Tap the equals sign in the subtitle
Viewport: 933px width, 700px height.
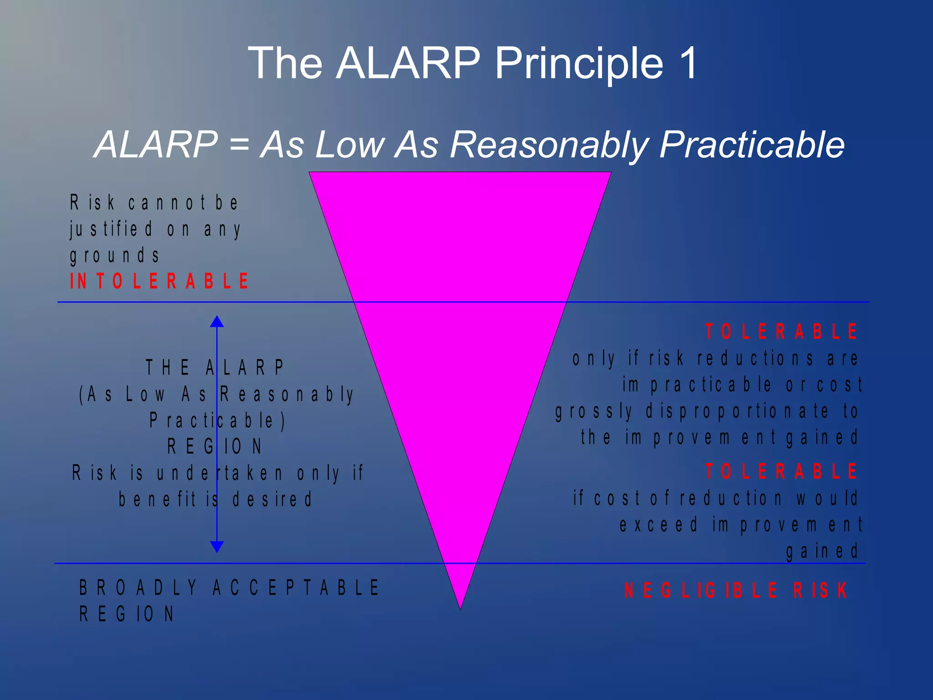239,145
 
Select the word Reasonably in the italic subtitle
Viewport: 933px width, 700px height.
549,145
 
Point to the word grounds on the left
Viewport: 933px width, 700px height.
115,256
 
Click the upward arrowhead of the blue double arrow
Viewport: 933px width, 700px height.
217,322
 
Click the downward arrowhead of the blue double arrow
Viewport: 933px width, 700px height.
217,546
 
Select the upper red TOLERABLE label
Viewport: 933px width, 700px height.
781,332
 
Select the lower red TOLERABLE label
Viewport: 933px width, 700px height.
781,471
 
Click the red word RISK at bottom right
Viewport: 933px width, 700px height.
820,591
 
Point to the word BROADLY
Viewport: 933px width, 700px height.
138,588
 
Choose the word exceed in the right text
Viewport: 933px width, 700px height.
658,525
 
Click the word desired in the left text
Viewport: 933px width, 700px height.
272,499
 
